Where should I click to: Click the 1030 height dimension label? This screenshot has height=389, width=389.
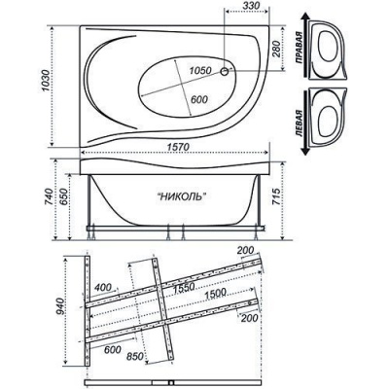(x=46, y=81)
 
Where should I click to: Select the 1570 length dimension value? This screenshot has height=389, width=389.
(x=178, y=147)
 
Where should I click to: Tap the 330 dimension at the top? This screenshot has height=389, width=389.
(x=252, y=6)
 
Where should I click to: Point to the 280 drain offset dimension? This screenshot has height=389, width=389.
(x=276, y=48)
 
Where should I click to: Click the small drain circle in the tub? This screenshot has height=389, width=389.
(x=225, y=72)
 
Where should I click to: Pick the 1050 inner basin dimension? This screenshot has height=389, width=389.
(x=200, y=70)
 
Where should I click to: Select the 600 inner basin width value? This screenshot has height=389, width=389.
(x=198, y=99)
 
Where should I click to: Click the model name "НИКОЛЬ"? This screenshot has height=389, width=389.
(x=182, y=196)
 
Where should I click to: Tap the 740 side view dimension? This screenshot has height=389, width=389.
(x=48, y=198)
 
